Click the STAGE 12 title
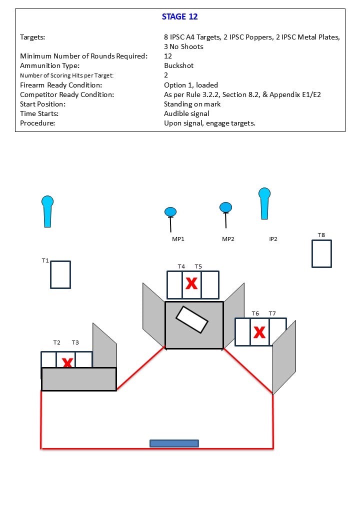click(179, 16)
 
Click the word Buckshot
click(178, 65)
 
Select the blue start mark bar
click(174, 443)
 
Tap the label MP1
click(178, 239)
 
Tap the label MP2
click(228, 239)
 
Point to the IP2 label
click(273, 239)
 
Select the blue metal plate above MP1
click(170, 212)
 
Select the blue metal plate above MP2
click(225, 207)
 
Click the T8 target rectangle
click(321, 253)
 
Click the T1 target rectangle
click(60, 274)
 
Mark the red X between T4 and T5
click(191, 284)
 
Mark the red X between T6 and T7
click(259, 331)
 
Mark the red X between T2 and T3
click(67, 362)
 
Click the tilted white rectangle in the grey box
click(192, 319)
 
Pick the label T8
click(321, 235)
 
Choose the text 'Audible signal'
click(186, 113)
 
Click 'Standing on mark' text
click(192, 104)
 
